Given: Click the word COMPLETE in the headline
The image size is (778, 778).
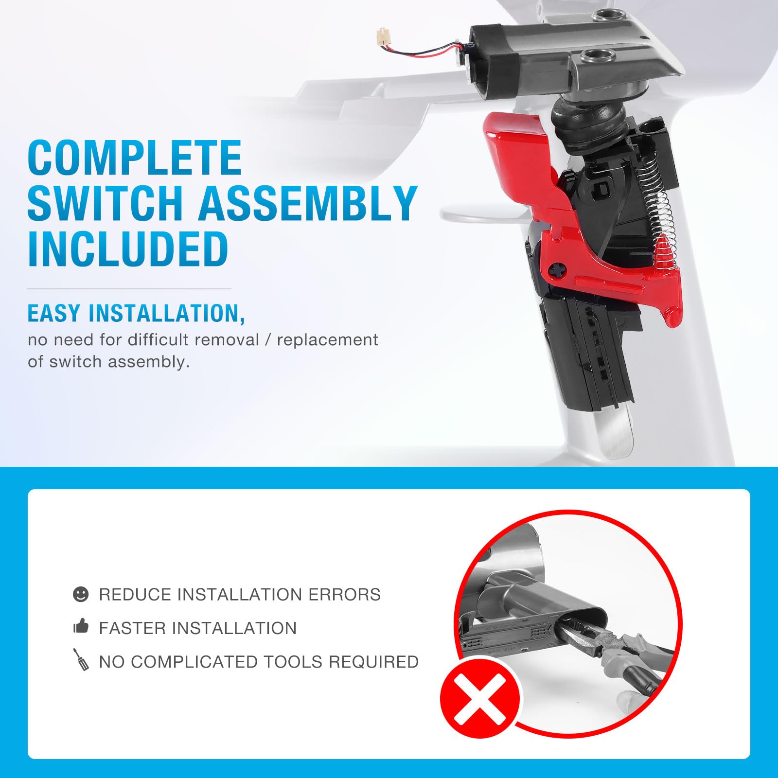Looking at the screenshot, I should pyautogui.click(x=135, y=158).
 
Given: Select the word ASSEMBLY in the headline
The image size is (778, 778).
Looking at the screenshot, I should pyautogui.click(x=307, y=203).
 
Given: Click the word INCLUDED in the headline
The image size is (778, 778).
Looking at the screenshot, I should pyautogui.click(x=128, y=248).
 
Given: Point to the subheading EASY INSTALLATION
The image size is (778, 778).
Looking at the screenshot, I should pyautogui.click(x=136, y=314).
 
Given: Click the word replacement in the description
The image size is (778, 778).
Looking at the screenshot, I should pyautogui.click(x=327, y=340).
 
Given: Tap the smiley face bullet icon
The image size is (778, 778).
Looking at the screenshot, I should pyautogui.click(x=81, y=594).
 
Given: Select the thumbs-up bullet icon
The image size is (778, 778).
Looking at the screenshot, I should pyautogui.click(x=81, y=626).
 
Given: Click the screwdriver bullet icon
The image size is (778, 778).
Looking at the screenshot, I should pyautogui.click(x=81, y=659).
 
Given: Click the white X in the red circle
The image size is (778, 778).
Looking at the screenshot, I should pyautogui.click(x=480, y=699).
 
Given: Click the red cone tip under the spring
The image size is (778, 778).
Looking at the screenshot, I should pyautogui.click(x=664, y=250).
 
